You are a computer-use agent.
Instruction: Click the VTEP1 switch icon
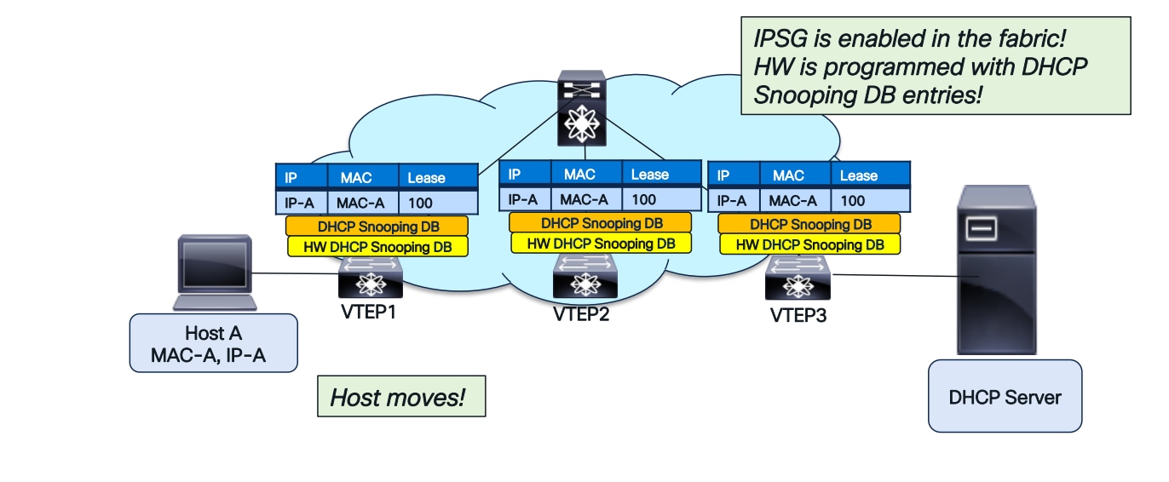click(x=370, y=279)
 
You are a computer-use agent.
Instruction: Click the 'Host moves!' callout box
click(x=400, y=396)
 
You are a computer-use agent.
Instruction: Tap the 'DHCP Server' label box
click(x=1005, y=396)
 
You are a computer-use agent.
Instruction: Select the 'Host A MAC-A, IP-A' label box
click(x=214, y=343)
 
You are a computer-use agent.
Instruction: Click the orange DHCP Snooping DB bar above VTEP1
click(x=377, y=227)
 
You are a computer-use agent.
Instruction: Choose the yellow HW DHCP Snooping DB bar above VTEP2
click(x=601, y=243)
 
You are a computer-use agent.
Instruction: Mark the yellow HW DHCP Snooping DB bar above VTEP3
click(x=809, y=244)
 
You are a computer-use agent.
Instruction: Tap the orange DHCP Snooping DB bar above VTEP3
click(x=809, y=225)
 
